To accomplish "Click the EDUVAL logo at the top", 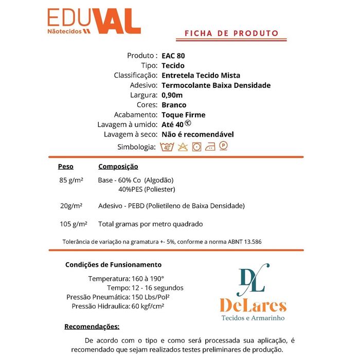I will (94, 22).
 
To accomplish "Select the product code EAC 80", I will (173, 56).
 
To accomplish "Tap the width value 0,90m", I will (172, 95).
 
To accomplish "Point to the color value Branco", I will (174, 105).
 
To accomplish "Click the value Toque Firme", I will (183, 115).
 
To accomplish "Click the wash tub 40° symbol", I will (167, 147).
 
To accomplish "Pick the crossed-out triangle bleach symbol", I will (182, 147).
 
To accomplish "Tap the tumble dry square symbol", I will (196, 147).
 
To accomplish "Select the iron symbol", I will (210, 147).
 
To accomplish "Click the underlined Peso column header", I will (66, 167).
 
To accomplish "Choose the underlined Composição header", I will (118, 167).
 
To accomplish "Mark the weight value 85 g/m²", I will (72, 181).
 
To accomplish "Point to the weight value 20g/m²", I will (71, 206).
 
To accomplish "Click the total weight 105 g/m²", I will (73, 224).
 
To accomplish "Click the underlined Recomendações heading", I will (92, 327).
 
